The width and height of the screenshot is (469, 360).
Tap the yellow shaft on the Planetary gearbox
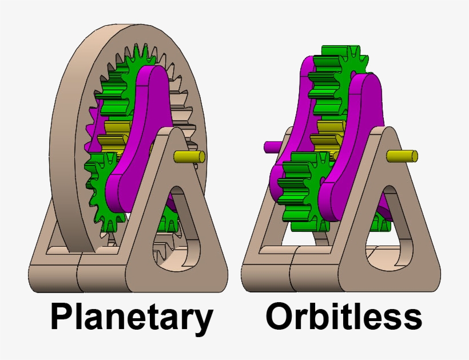click(189, 156)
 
